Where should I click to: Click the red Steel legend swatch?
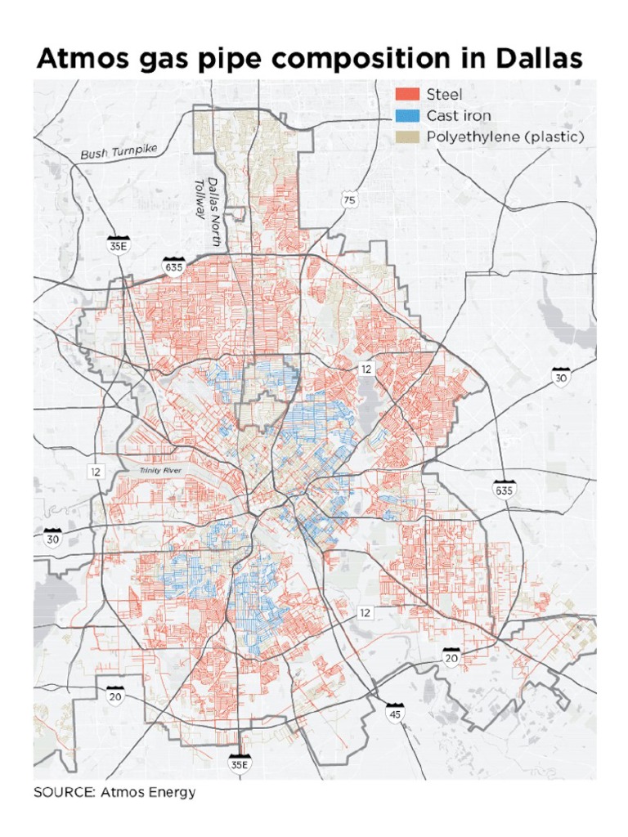407,95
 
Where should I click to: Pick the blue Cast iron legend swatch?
407,116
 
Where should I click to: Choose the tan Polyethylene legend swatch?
407,137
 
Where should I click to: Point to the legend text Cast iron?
459,116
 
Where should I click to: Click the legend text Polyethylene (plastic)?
505,137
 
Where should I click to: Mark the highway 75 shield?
349,200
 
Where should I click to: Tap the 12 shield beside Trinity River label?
96,472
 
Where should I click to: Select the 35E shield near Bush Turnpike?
119,244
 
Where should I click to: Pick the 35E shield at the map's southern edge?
239,762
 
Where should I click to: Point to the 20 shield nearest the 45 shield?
451,656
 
